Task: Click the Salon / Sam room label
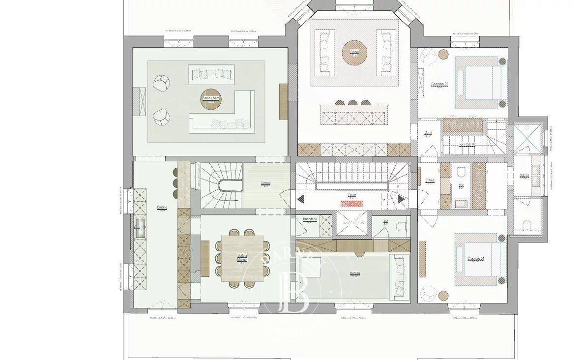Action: coord(211,98)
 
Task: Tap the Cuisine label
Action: coord(162,208)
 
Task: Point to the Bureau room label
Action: coord(355,273)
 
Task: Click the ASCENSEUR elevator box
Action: coord(351,223)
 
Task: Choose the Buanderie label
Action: coord(310,219)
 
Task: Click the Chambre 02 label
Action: coord(439,84)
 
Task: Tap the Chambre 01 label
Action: coord(475,259)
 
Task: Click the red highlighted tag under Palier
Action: coord(351,203)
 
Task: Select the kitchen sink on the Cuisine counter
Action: coord(140,225)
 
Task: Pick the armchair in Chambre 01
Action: coord(428,293)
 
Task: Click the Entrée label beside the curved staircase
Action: coord(265,184)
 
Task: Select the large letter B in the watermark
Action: coord(293,292)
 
